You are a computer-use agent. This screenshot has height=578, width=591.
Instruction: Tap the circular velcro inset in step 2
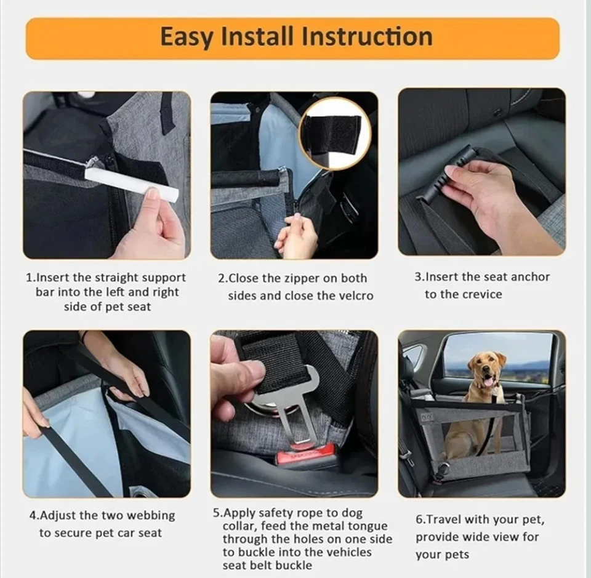(x=334, y=134)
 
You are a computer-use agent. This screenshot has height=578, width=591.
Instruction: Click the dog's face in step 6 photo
(x=485, y=372)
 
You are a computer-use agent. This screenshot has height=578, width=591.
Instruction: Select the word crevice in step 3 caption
(x=480, y=294)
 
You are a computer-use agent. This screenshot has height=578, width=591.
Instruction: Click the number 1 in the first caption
(x=28, y=278)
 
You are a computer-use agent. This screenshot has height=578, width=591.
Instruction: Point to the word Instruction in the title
(x=364, y=36)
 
